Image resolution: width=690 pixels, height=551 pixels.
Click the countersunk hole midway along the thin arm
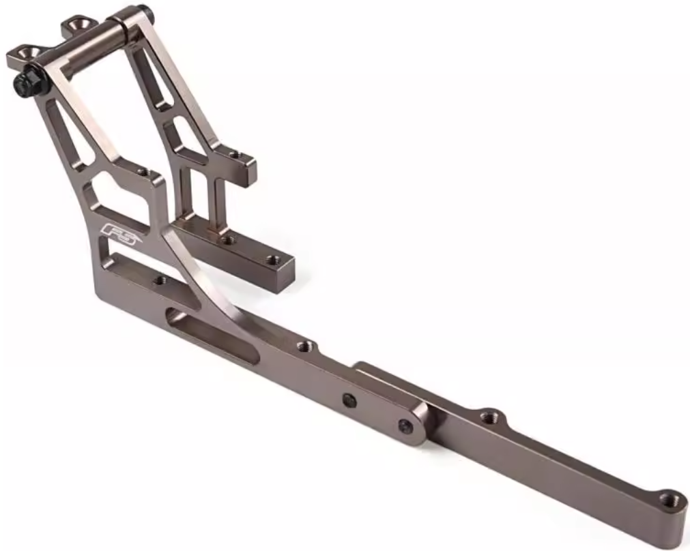pyautogui.click(x=489, y=415)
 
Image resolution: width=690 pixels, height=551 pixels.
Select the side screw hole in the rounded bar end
pyautogui.click(x=406, y=427)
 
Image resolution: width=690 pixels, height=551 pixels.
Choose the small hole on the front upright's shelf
pyautogui.click(x=143, y=173)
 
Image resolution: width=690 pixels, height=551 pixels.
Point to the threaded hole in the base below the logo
pyautogui.click(x=160, y=279)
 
